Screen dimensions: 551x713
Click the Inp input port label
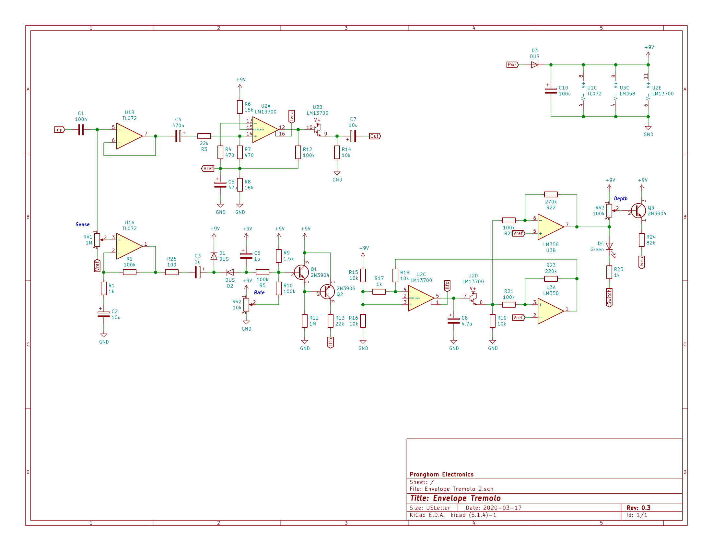click(59, 130)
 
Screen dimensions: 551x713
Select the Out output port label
click(375, 136)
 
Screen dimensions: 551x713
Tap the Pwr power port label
click(512, 65)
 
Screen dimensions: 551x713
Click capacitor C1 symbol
click(81, 130)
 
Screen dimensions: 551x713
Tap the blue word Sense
click(82, 225)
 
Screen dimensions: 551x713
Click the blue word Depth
click(621, 199)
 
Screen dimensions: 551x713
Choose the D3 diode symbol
click(535, 65)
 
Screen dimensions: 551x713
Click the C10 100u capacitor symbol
click(551, 91)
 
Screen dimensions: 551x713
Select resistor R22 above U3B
click(551, 195)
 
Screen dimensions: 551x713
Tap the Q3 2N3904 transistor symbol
click(638, 211)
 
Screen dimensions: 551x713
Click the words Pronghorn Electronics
click(442, 475)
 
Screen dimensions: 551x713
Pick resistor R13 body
click(331, 321)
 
